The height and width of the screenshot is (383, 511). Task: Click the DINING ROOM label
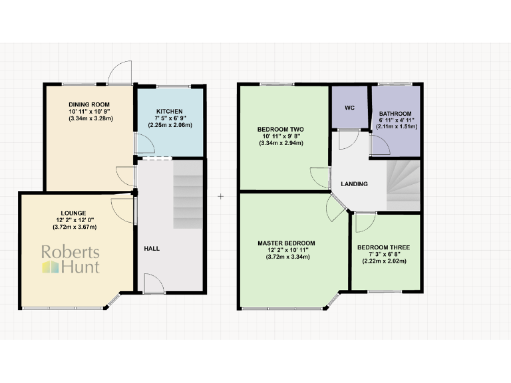(88, 105)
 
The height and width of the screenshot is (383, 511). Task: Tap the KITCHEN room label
(169, 111)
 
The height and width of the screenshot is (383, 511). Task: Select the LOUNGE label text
(74, 213)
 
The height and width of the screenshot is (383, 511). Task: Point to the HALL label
(152, 249)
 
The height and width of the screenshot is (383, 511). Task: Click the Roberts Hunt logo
(71, 260)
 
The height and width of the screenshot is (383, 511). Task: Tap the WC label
(349, 107)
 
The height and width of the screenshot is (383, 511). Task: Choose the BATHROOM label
(395, 114)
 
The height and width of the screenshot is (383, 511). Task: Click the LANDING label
(354, 184)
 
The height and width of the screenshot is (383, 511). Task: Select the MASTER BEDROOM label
(286, 243)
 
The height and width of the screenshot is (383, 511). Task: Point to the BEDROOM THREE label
(383, 247)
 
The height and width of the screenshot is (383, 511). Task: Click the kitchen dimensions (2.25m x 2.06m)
(170, 125)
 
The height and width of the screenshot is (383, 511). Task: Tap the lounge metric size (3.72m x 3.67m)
(74, 227)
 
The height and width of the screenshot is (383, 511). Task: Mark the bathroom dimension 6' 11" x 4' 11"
(395, 120)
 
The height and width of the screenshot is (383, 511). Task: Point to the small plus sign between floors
(220, 197)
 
